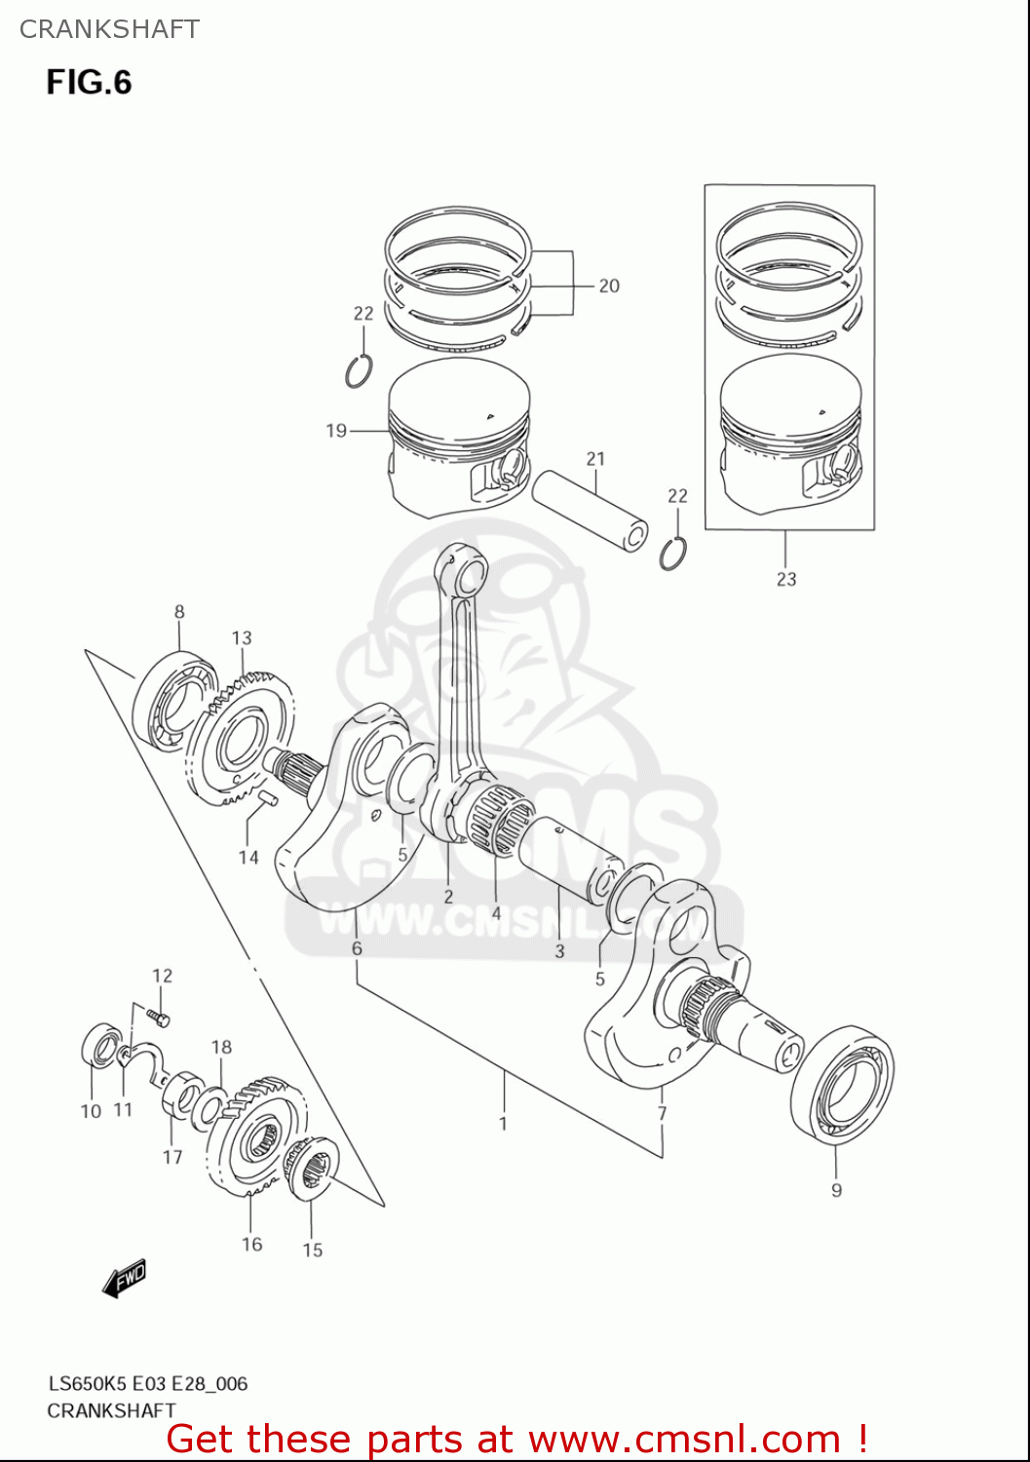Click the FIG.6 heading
tap(89, 82)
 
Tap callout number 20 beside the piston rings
tap(608, 286)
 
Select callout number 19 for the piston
tap(336, 430)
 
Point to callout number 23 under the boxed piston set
tap(786, 579)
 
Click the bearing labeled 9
tap(842, 1082)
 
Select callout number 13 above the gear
tap(242, 637)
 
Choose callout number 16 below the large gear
tap(251, 1244)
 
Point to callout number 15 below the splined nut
tap(312, 1250)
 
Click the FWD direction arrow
tap(125, 1279)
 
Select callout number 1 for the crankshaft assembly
tap(503, 1124)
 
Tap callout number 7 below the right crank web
tap(662, 1113)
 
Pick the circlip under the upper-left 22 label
tap(360, 371)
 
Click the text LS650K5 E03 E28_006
tap(148, 1383)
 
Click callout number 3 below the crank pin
tap(559, 950)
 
